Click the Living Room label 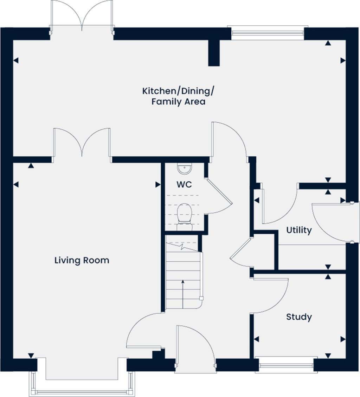click(x=82, y=260)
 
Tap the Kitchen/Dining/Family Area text click(x=178, y=96)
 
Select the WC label click(x=184, y=184)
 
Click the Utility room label click(x=299, y=230)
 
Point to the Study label click(x=299, y=317)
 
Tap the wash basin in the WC click(x=184, y=169)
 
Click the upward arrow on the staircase click(x=183, y=292)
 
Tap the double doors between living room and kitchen click(x=82, y=142)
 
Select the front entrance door click(x=195, y=346)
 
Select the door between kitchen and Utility click(x=279, y=207)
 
